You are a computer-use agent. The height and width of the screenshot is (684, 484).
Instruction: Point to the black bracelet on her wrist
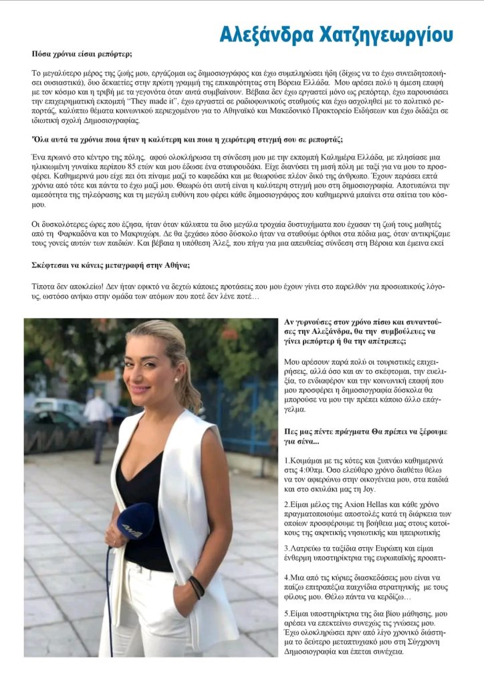pyautogui.click(x=195, y=587)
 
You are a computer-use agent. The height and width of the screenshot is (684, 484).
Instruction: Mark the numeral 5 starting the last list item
pyautogui.click(x=287, y=613)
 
